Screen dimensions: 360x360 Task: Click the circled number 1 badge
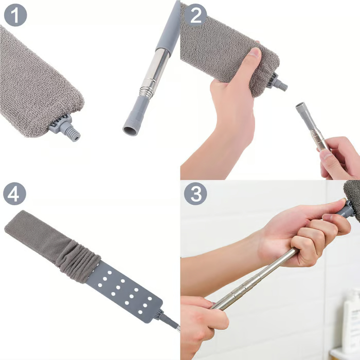[x=15, y=15]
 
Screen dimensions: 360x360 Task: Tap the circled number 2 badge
[x=195, y=15]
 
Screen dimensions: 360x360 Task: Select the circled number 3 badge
[x=195, y=194]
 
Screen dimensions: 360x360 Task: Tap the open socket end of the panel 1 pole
[x=130, y=128]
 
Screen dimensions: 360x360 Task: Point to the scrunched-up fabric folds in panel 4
[x=77, y=260]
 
